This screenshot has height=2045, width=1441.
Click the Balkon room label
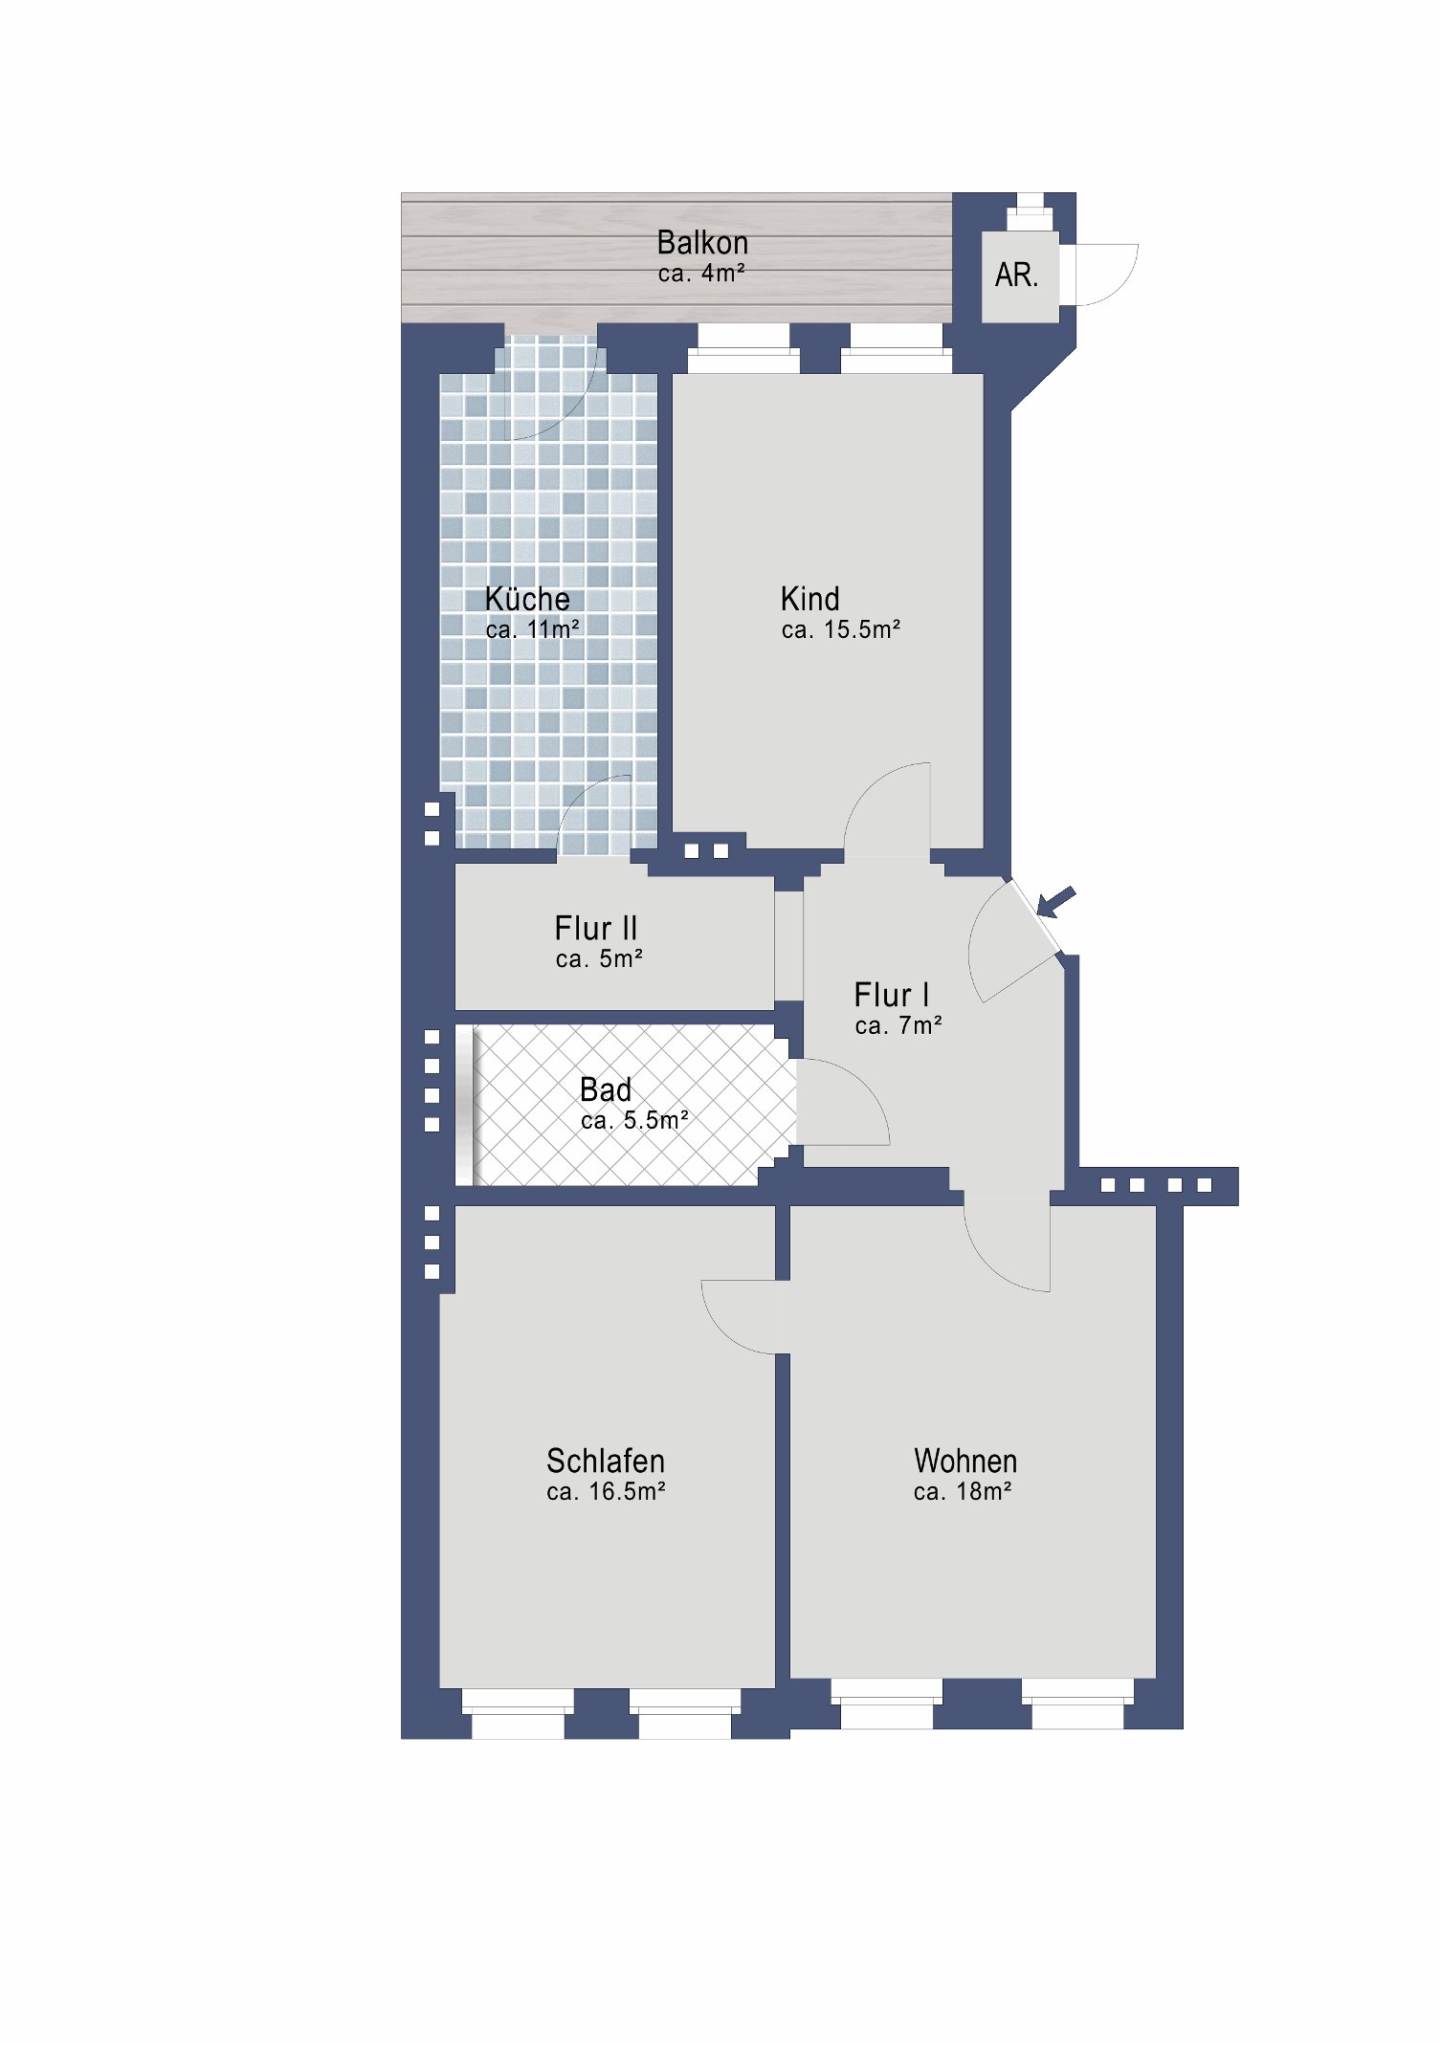702,243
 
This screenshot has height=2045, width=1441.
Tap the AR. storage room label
1016,275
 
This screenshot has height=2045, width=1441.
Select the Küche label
527,599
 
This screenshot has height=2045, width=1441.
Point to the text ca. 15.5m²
841,629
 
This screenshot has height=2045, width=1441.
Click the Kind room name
809,599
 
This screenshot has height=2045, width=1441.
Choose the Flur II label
595,928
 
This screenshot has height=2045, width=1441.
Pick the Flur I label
891,995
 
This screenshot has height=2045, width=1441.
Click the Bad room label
605,1089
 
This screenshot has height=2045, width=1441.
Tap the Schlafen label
605,1461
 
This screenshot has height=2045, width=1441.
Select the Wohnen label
964,1461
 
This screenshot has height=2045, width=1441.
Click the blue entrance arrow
1056,901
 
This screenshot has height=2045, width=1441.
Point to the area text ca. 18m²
963,1491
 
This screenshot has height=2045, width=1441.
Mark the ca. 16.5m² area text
606,1491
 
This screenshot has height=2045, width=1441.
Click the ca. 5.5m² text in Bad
634,1120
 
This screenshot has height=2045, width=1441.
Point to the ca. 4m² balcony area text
700,274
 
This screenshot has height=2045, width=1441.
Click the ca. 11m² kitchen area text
532,629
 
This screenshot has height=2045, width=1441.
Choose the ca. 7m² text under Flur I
898,1025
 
